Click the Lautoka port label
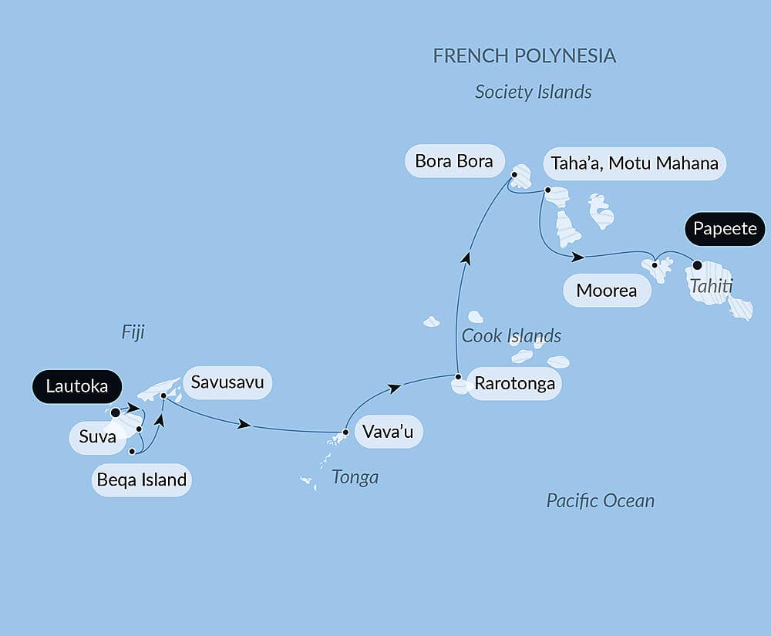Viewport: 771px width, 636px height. click(76, 387)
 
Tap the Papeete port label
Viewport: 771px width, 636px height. click(724, 230)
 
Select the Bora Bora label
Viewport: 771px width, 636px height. click(454, 162)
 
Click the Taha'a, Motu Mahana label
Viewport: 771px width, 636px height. click(635, 163)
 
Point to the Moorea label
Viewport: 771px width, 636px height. click(607, 291)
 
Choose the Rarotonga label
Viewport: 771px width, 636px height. click(514, 383)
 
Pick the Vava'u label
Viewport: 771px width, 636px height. click(388, 432)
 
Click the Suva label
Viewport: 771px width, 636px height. click(97, 437)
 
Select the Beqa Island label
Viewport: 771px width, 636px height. click(142, 480)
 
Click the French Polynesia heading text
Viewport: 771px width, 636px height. click(524, 56)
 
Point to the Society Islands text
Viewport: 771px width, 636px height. click(533, 92)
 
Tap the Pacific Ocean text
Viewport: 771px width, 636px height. click(600, 500)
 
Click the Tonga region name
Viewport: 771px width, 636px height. click(355, 477)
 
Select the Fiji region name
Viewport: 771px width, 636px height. click(133, 332)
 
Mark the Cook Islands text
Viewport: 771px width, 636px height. click(511, 335)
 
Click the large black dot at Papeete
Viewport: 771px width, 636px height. click(697, 265)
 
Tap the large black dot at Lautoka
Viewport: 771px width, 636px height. click(116, 412)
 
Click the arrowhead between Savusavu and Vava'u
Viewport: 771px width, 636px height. click(245, 424)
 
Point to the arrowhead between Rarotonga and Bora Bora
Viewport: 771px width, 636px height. click(466, 258)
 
